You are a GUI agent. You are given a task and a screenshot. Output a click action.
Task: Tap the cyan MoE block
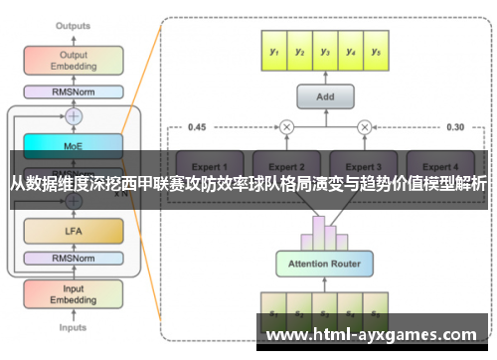point(74,144)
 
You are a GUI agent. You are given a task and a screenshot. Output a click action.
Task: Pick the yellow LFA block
point(74,232)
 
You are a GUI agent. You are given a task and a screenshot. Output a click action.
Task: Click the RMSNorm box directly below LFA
point(74,261)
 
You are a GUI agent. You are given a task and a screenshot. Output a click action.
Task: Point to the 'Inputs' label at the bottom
point(73,327)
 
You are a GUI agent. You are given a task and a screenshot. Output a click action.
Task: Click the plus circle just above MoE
point(74,116)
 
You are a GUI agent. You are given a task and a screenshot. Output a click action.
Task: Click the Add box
point(325,96)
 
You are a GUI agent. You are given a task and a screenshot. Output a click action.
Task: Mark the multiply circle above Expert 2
point(287,126)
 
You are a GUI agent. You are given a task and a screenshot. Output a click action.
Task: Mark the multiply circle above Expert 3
point(364,126)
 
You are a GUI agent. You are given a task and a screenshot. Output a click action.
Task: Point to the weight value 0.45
point(197,126)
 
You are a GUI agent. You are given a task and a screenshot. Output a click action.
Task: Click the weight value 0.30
point(455,126)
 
